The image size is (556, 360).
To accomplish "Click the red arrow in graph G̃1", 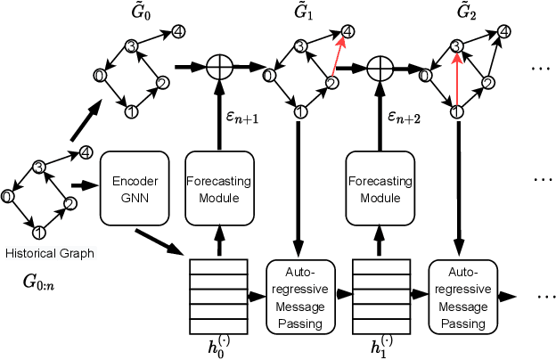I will tap(339, 58).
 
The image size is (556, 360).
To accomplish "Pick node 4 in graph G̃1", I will tap(347, 31).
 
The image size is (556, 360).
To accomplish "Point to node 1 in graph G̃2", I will tap(456, 111).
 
